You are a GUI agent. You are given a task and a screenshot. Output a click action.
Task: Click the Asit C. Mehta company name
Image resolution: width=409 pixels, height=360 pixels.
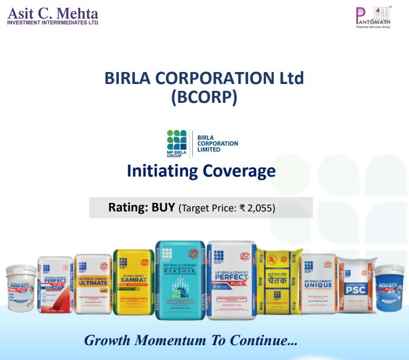(53, 13)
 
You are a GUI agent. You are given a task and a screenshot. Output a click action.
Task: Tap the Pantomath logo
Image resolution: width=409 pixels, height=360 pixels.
(373, 17)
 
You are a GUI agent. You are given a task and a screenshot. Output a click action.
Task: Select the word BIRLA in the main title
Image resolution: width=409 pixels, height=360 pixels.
(132, 78)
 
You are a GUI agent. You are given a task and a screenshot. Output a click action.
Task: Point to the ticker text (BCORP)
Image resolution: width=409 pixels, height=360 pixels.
(204, 97)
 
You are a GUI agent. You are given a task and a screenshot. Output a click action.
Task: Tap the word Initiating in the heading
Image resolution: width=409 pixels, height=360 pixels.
(166, 171)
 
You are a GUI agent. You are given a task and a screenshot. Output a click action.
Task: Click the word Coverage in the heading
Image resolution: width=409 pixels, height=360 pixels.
(243, 171)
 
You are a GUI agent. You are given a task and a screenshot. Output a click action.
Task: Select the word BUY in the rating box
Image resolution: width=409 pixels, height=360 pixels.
(164, 207)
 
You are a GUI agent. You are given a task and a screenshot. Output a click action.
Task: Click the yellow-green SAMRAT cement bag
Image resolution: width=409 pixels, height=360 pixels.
(134, 283)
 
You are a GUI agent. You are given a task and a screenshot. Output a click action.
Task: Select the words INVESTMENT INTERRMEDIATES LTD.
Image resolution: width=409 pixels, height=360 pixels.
(53, 23)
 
